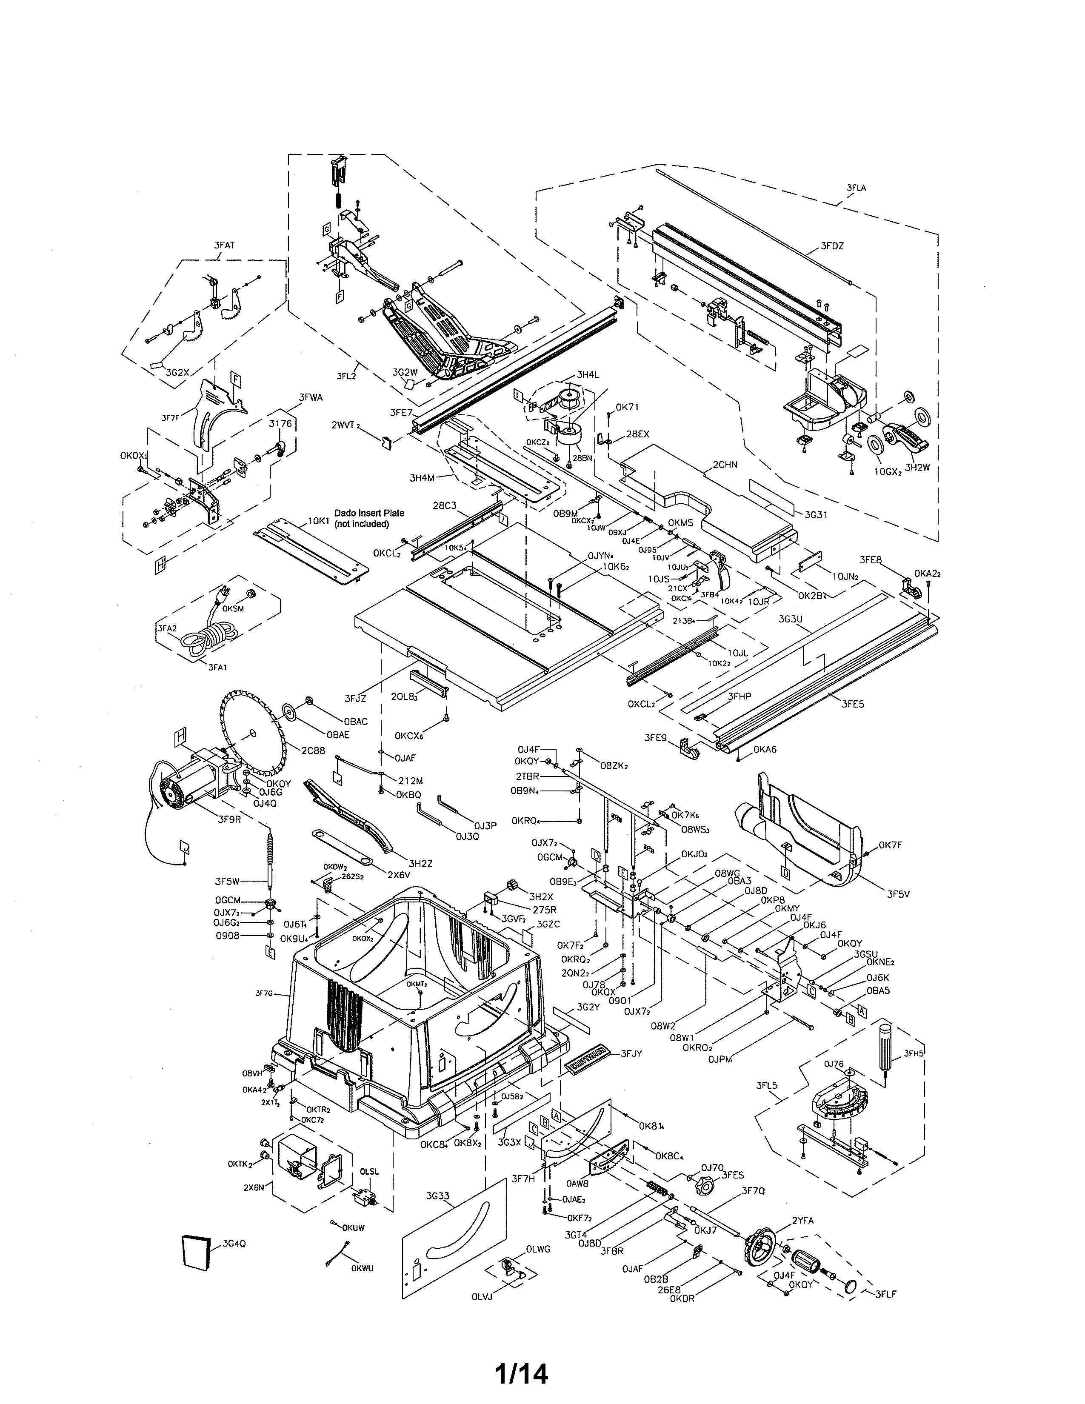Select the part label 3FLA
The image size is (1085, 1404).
856,188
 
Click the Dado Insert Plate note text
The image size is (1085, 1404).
369,518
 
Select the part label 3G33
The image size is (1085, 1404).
437,1196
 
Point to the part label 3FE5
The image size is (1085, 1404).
853,704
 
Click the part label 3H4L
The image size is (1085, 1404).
588,374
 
